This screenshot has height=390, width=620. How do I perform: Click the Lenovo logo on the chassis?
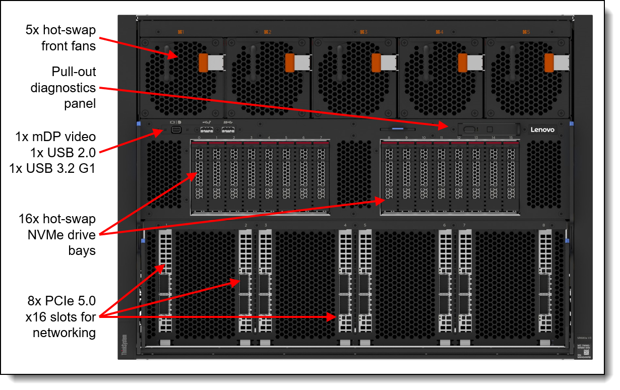(x=542, y=129)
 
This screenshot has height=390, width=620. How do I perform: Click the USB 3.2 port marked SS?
(x=228, y=131)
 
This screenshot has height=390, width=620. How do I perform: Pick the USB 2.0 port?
(x=207, y=131)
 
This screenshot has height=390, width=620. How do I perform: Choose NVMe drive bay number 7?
(x=321, y=176)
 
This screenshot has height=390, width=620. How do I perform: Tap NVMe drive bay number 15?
(x=510, y=176)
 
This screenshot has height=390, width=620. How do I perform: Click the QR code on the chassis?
(x=586, y=352)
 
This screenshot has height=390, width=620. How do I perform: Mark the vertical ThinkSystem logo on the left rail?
(x=124, y=347)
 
